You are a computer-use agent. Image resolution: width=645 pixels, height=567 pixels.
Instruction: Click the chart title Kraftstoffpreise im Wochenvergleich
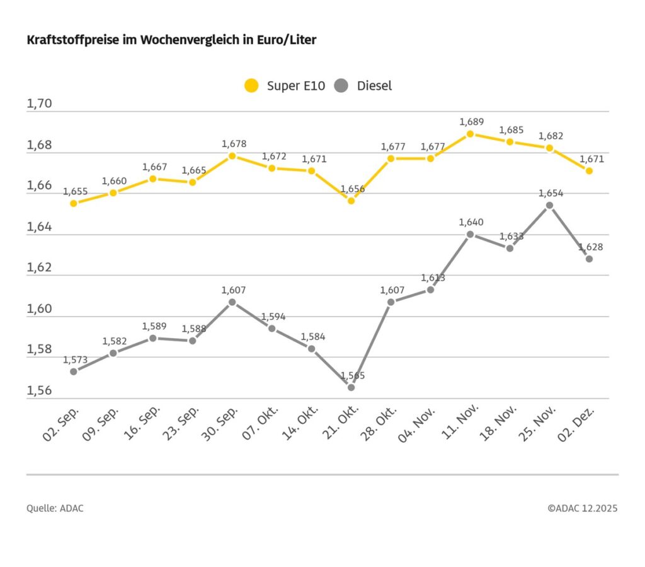[x=171, y=40]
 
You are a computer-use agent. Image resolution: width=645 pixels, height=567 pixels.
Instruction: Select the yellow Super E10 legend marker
[x=251, y=86]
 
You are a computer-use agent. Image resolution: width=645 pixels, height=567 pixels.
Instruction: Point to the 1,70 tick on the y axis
[x=39, y=104]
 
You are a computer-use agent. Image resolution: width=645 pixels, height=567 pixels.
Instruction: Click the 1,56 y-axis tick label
[x=39, y=390]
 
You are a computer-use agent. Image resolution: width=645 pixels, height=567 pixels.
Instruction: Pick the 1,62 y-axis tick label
[x=39, y=267]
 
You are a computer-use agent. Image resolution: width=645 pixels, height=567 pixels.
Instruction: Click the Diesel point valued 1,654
[x=549, y=205]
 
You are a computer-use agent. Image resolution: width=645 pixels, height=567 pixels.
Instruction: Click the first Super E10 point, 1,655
[x=74, y=203]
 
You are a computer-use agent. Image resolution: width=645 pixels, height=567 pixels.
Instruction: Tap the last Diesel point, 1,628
[x=589, y=259]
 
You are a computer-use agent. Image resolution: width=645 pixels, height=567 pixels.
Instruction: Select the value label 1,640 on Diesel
[x=471, y=222]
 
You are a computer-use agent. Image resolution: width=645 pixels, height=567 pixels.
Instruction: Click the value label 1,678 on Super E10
[x=233, y=144]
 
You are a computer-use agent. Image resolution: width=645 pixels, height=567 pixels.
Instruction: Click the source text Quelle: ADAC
[x=55, y=508]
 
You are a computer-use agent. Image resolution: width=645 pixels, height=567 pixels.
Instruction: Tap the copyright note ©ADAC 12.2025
[x=582, y=508]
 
